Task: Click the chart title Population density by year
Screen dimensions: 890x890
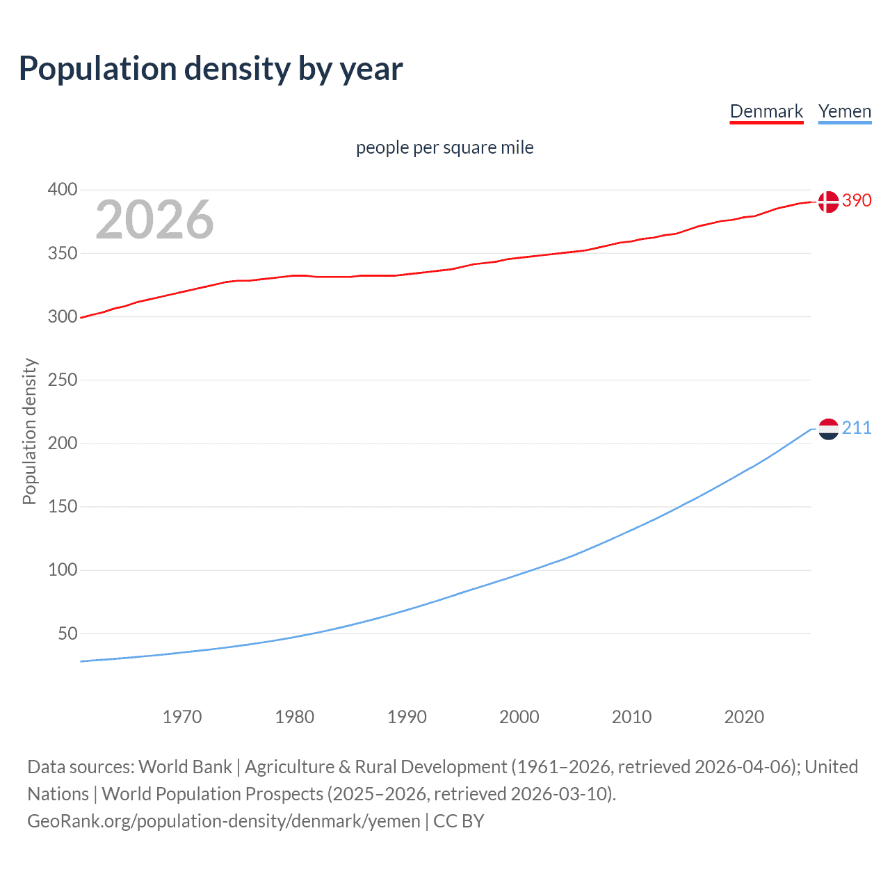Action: (x=211, y=69)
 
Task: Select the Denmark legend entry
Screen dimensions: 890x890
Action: (x=766, y=111)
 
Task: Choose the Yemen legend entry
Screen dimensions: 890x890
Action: (x=844, y=111)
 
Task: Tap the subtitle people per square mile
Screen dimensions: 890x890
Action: (x=444, y=147)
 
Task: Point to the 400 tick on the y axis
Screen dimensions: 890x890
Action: (x=62, y=189)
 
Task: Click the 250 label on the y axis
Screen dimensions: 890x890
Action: (x=62, y=380)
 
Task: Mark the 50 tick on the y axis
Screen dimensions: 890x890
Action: (x=67, y=633)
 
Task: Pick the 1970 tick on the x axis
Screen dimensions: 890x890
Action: (x=182, y=717)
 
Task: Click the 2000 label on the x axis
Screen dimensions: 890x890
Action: (x=519, y=717)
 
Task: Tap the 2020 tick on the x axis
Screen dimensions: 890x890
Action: (x=744, y=717)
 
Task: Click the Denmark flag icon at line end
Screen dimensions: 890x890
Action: (x=828, y=202)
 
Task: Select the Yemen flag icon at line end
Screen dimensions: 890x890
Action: (x=828, y=429)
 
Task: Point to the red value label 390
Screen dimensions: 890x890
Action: (x=857, y=200)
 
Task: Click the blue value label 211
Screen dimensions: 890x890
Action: (x=857, y=428)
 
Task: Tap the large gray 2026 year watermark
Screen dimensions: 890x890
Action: (x=154, y=220)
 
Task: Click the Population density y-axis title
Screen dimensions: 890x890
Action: (x=29, y=431)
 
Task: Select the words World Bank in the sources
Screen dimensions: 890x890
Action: (x=185, y=767)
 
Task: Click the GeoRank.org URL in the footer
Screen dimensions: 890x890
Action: (x=223, y=821)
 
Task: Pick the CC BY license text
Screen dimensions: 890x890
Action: (x=459, y=821)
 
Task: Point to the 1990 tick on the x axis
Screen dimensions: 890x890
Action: (x=407, y=717)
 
